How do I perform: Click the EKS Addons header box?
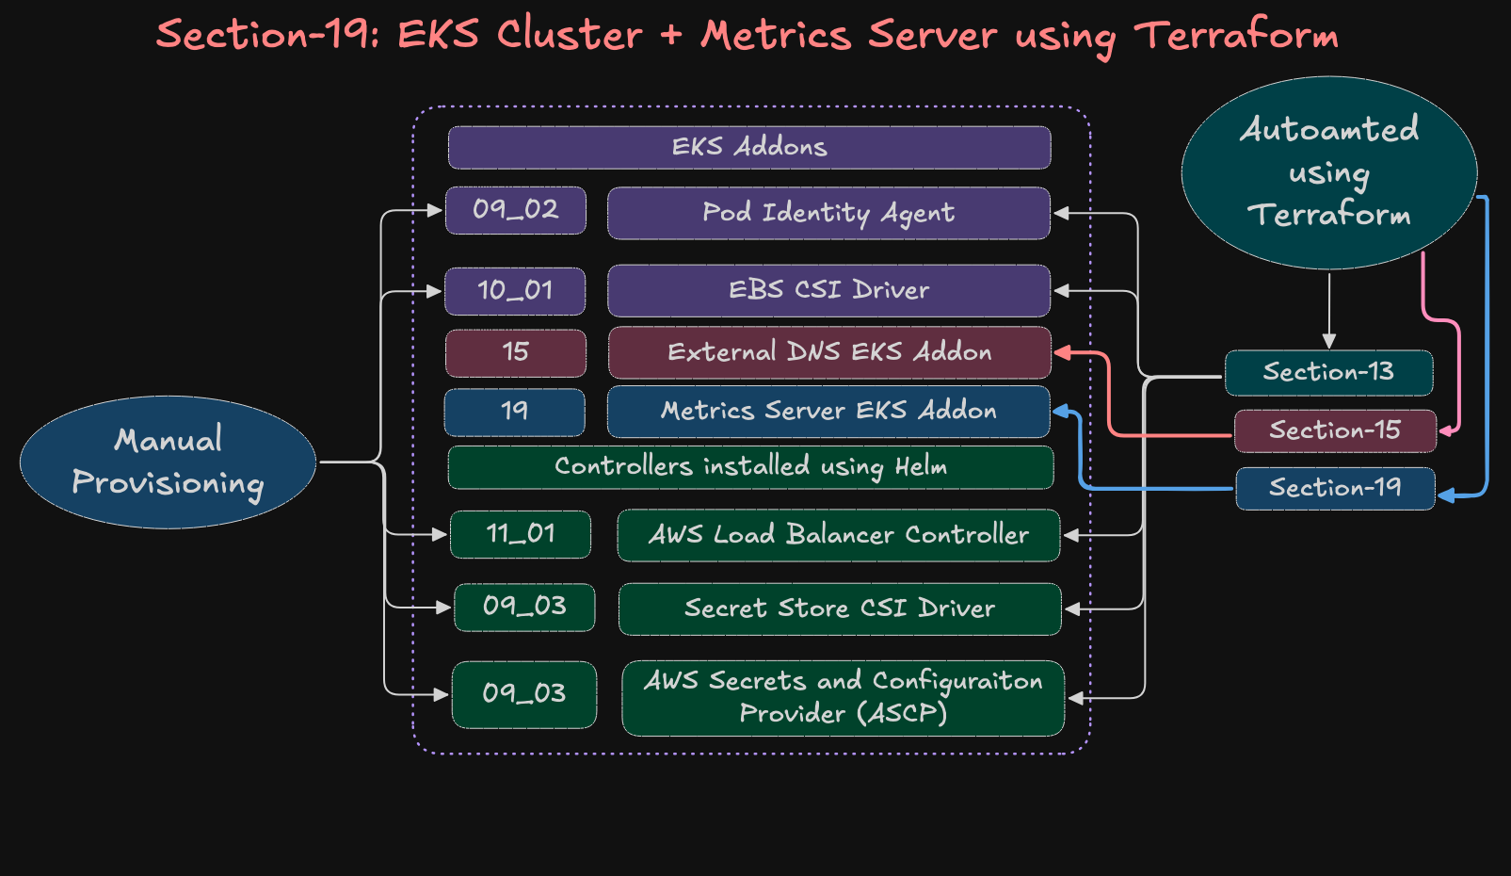[x=749, y=148]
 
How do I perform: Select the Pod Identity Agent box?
[x=828, y=213]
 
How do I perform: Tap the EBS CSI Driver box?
[x=828, y=290]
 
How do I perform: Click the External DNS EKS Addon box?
[x=828, y=352]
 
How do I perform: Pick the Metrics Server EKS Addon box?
[x=828, y=411]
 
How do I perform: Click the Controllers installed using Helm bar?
[x=750, y=467]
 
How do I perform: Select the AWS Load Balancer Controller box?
[x=839, y=535]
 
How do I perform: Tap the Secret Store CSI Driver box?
[x=840, y=608]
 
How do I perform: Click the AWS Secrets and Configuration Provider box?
[x=843, y=697]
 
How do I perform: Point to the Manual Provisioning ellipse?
[x=168, y=462]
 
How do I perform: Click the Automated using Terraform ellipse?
[x=1328, y=172]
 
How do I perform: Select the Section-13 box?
[x=1328, y=372]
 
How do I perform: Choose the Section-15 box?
[x=1334, y=430]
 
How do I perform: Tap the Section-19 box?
[x=1334, y=488]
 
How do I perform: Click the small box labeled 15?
[x=515, y=352]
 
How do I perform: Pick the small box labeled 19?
[x=514, y=411]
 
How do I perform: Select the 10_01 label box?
[x=515, y=290]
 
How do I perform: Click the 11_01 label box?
[x=521, y=534]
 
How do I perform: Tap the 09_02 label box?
[x=515, y=209]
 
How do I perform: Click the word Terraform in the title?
[x=1236, y=36]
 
